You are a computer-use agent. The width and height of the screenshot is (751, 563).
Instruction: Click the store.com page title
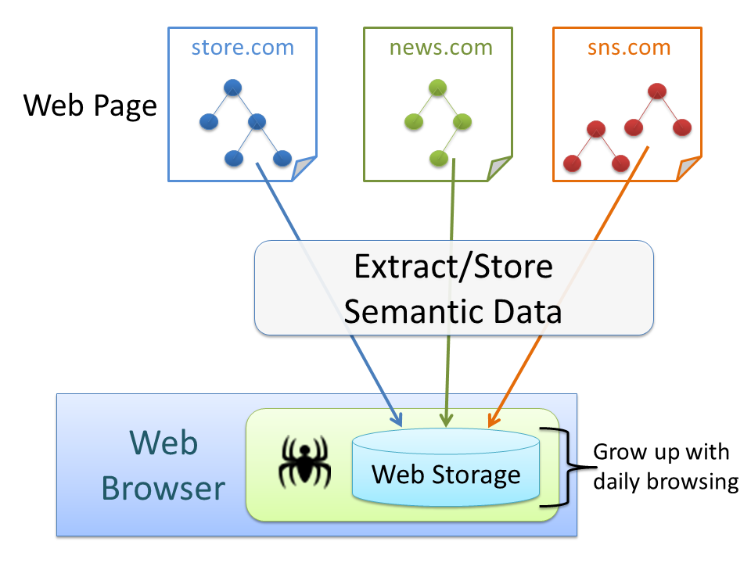pos(243,48)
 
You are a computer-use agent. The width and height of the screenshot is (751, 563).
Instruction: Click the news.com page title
pos(441,48)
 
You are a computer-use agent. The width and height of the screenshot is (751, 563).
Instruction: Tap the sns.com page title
pos(629,48)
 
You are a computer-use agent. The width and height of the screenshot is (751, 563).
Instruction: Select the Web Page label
pos(90,106)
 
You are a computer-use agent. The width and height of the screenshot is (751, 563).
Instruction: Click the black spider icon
pos(305,464)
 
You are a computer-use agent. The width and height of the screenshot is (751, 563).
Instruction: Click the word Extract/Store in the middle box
pos(454,267)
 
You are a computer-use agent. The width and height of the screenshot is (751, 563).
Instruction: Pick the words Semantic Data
pos(454,312)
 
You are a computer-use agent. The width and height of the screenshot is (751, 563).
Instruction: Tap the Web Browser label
pos(163,466)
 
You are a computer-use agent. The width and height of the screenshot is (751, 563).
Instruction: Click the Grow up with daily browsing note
pos(666,467)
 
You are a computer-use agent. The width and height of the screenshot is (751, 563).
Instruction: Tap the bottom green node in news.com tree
pos(437,158)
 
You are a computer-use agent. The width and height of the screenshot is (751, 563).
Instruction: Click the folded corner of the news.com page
pos(499,169)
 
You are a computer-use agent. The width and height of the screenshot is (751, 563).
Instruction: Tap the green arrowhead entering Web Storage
pos(446,421)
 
